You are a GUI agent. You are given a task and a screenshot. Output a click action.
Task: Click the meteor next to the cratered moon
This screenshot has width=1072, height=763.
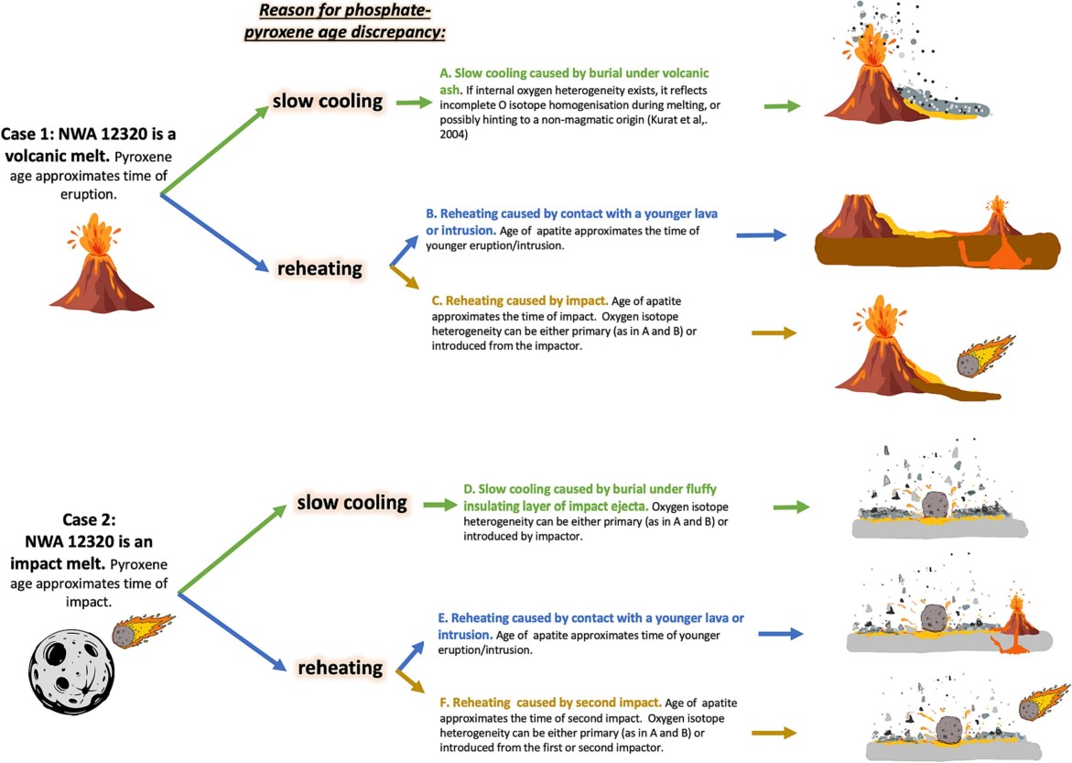click(142, 630)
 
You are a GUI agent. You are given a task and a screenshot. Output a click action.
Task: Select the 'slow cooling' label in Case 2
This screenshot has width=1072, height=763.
click(352, 503)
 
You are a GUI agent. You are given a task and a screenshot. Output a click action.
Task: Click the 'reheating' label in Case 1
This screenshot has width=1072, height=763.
click(319, 268)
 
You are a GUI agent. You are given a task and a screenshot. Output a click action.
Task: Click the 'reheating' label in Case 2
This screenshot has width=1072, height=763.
click(340, 668)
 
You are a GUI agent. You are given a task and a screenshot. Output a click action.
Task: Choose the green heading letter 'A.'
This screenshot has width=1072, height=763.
click(446, 72)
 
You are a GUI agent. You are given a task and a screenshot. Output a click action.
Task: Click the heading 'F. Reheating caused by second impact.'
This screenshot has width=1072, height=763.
click(551, 702)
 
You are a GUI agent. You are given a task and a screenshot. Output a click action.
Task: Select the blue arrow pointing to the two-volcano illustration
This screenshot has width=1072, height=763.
click(761, 235)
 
